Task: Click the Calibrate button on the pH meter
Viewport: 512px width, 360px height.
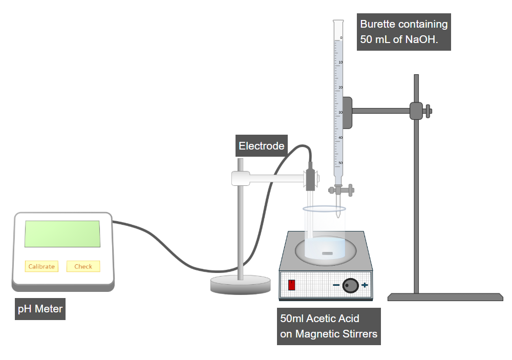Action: (x=41, y=266)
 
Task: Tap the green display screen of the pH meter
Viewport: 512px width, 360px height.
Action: (x=62, y=234)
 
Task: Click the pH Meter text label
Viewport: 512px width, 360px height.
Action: (x=40, y=309)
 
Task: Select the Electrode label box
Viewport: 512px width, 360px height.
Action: (x=261, y=146)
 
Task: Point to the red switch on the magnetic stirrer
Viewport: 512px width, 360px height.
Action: (x=292, y=285)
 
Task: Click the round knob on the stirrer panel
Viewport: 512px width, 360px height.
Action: (x=350, y=285)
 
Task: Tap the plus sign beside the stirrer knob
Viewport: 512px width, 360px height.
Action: (x=365, y=285)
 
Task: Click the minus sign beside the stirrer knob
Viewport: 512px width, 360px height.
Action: (x=336, y=285)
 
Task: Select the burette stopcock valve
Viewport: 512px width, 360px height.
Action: (x=338, y=190)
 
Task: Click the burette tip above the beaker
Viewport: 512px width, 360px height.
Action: (x=338, y=213)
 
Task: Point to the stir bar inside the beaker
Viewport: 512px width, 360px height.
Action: (x=326, y=253)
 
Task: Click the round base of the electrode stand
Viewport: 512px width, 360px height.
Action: (x=240, y=285)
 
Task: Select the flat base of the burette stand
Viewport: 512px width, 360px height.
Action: (x=445, y=297)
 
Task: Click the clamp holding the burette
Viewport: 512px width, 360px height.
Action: (x=347, y=112)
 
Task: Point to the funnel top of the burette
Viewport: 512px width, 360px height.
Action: (x=338, y=23)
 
